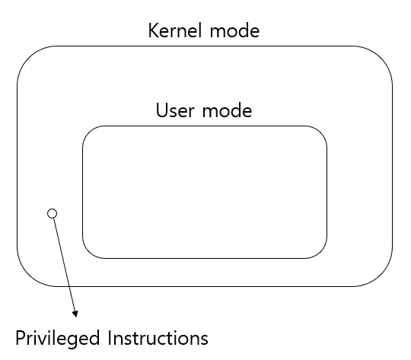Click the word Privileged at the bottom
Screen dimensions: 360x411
[x=60, y=336]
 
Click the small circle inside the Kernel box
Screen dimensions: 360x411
[x=52, y=213]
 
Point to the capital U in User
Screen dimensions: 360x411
[x=161, y=110]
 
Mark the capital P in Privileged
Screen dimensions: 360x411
[x=21, y=336]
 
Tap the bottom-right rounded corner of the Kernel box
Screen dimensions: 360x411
[x=382, y=276]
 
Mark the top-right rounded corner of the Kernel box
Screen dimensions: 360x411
[x=382, y=58]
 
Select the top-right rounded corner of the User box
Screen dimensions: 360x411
[x=320, y=132]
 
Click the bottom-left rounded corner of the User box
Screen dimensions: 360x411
[x=88, y=252]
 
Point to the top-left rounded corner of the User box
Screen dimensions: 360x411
[x=88, y=132]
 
